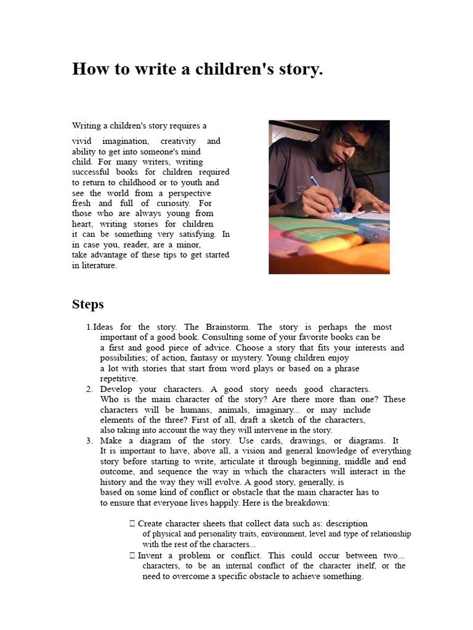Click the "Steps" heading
tap(88, 305)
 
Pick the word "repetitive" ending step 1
tap(118, 379)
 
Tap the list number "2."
tap(89, 389)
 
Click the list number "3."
tap(89, 441)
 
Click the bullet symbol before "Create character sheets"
tap(132, 524)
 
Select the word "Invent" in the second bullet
tap(150, 555)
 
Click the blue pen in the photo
tap(324, 194)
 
